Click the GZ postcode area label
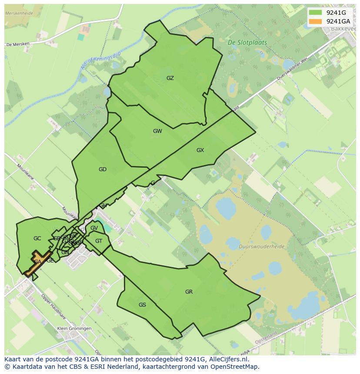coord(170,78)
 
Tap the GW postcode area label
coord(157,131)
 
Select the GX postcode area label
coord(200,150)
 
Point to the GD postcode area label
coord(103,169)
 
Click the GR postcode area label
coord(189,292)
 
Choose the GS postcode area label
coord(142,305)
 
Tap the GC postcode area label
coord(37,238)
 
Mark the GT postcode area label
coord(99,241)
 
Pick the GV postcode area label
coord(94,228)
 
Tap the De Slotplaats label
coord(247,43)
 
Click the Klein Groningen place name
coord(74,328)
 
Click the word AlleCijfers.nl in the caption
coord(229,360)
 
